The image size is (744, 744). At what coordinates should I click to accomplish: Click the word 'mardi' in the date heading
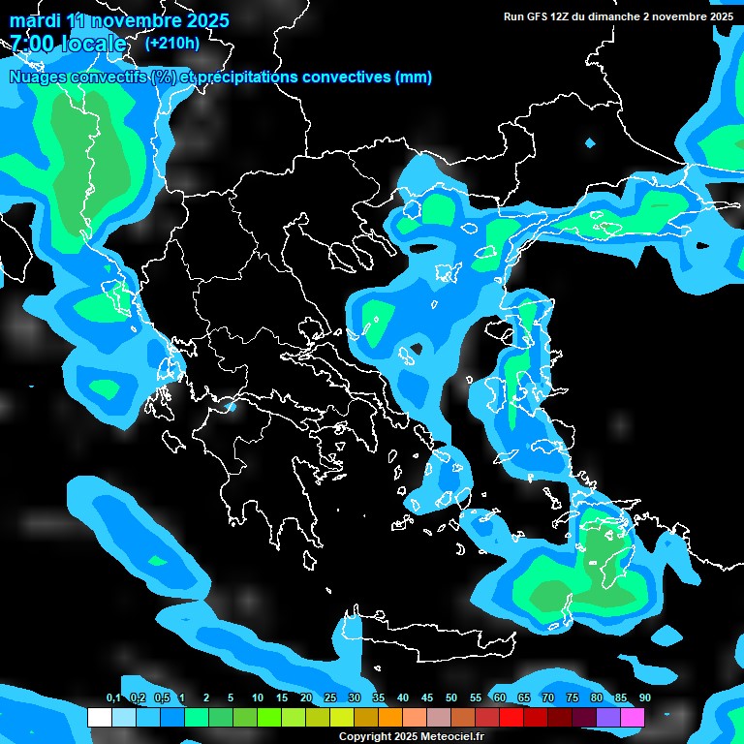pyautogui.click(x=34, y=20)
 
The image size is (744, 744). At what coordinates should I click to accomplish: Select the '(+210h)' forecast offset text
pyautogui.click(x=172, y=43)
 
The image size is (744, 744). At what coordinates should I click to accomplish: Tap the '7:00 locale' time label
pyautogui.click(x=68, y=44)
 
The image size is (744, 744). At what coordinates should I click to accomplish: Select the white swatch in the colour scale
pyautogui.click(x=99, y=718)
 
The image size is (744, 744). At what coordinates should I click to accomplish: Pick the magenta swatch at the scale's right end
pyautogui.click(x=633, y=718)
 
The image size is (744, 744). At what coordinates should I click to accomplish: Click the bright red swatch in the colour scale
pyautogui.click(x=511, y=718)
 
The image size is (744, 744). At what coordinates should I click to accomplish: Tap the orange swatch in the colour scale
pyautogui.click(x=390, y=718)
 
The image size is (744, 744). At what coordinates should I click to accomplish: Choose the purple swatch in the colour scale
pyautogui.click(x=608, y=718)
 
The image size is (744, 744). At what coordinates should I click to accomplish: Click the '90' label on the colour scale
pyautogui.click(x=644, y=698)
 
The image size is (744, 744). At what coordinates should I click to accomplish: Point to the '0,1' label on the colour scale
pyautogui.click(x=112, y=698)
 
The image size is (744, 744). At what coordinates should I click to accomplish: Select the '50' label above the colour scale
pyautogui.click(x=450, y=698)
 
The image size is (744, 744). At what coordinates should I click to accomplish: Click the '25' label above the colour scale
pyautogui.click(x=329, y=698)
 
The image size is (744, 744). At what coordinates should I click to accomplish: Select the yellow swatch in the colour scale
pyautogui.click(x=342, y=718)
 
